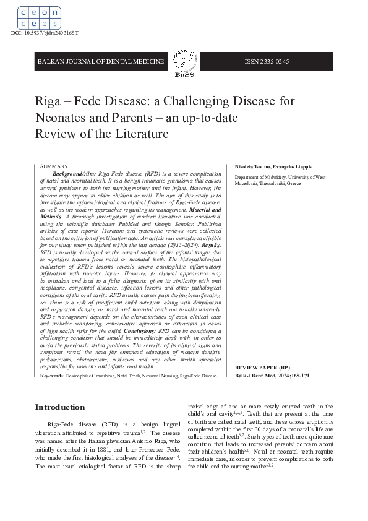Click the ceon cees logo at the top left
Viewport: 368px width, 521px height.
pos(38,17)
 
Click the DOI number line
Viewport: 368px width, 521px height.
pos(45,32)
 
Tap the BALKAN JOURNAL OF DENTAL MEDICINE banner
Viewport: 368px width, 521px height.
pos(101,62)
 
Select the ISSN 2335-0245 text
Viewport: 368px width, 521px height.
pos(267,62)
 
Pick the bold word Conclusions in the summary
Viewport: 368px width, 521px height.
pos(140,331)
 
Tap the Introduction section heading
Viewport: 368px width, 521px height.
pos(60,407)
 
